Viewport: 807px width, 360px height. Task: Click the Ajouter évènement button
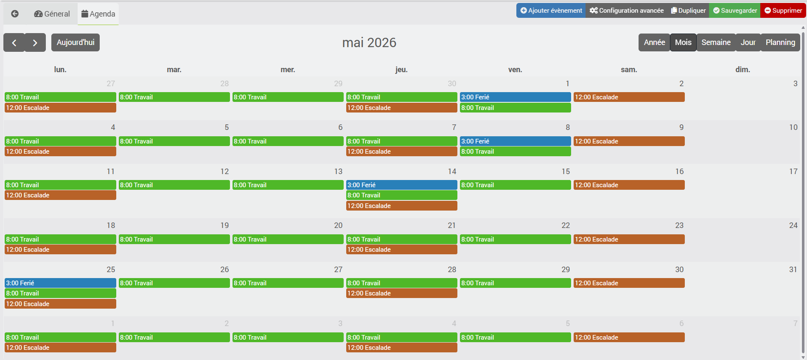coord(551,11)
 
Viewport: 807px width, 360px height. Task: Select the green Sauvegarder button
coord(734,11)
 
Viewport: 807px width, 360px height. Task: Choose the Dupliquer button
coord(688,11)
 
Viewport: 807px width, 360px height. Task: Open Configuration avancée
coord(626,11)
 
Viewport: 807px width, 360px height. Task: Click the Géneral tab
coord(52,14)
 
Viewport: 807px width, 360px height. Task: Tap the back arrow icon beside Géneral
coord(15,14)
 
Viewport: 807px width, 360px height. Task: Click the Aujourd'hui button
coord(76,42)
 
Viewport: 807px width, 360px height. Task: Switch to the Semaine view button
coord(716,42)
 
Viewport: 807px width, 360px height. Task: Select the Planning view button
coord(780,42)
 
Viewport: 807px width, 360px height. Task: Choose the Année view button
coord(654,42)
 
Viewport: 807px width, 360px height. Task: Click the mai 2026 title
coord(369,42)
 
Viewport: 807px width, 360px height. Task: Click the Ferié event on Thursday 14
coord(401,185)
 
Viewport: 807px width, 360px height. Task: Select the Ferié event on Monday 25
coord(60,283)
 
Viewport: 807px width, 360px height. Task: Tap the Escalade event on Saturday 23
coord(629,239)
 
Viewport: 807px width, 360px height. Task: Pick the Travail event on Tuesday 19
coord(174,239)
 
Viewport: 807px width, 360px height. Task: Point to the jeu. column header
coord(401,70)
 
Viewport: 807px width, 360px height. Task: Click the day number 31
coord(793,270)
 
